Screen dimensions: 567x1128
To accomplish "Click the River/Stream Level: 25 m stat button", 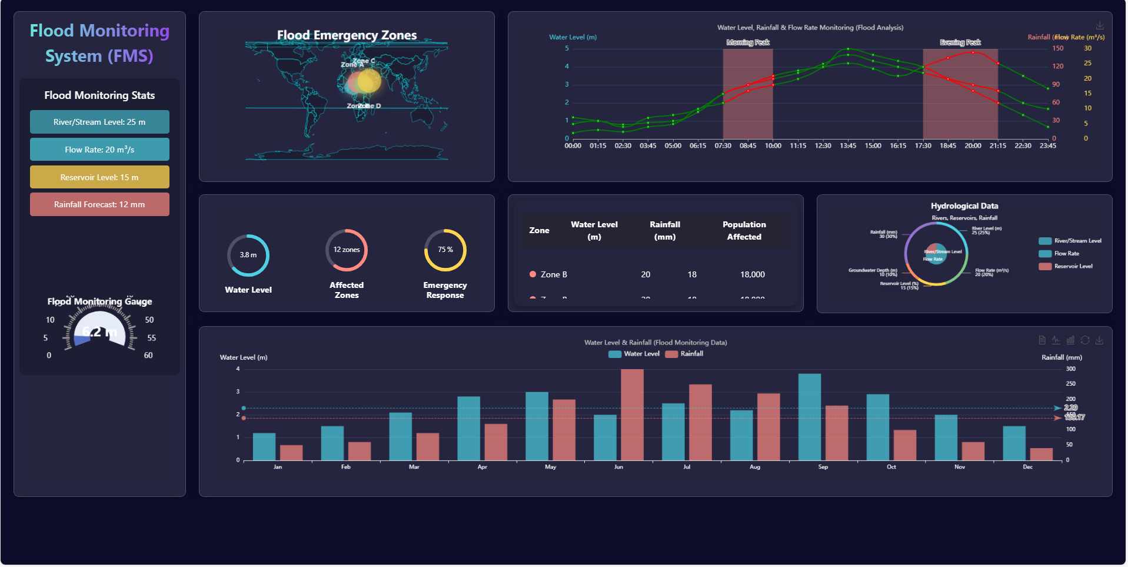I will (x=99, y=122).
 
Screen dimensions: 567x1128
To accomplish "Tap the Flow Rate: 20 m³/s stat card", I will (x=99, y=150).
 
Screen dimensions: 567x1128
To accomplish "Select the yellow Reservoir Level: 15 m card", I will (x=99, y=177).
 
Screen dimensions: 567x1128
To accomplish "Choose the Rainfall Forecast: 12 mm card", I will (x=99, y=204).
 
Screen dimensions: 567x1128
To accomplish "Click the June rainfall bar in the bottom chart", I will (x=632, y=415).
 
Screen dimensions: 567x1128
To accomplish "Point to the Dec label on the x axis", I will (x=1027, y=467).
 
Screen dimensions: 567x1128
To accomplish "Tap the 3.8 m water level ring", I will (x=248, y=255).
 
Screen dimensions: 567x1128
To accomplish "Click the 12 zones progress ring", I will (x=347, y=250).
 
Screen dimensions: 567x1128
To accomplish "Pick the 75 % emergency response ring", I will (x=445, y=250).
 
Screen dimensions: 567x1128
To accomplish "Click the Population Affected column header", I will (x=744, y=231).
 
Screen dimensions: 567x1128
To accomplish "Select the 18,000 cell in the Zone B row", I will (x=752, y=274).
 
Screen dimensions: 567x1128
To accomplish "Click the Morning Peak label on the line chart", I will (x=748, y=42).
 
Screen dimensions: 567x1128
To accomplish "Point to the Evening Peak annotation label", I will (x=960, y=42).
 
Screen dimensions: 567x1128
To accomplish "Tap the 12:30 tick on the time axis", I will (x=823, y=145).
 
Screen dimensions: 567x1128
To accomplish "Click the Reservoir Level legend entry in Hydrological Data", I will (x=1066, y=266).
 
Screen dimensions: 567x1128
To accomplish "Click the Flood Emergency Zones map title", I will (x=347, y=35).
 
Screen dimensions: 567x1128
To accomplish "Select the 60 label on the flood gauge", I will (x=148, y=356).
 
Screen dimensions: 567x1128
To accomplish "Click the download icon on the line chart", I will (x=1099, y=26).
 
